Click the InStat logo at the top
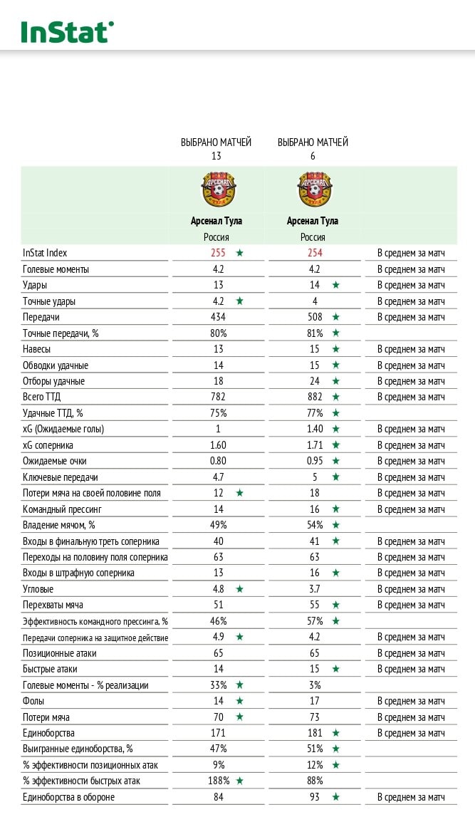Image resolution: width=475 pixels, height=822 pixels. (x=67, y=31)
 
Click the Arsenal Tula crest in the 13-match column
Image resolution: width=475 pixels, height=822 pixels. (x=218, y=189)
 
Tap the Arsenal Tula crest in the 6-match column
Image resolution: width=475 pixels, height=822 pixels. (x=314, y=189)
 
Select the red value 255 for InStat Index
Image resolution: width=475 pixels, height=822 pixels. (x=218, y=253)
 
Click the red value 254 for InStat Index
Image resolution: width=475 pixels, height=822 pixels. (x=314, y=253)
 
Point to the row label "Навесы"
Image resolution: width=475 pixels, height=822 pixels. (x=37, y=349)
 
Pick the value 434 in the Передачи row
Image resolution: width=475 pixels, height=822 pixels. (x=218, y=317)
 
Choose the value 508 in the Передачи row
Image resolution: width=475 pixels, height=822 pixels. (x=314, y=317)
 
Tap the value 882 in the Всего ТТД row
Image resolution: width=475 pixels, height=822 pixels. (x=314, y=397)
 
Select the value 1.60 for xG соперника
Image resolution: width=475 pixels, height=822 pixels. (x=218, y=445)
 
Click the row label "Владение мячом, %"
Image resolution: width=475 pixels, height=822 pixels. (x=59, y=525)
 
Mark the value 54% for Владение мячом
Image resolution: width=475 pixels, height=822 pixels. (x=314, y=525)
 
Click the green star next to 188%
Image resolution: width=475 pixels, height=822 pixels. (x=240, y=781)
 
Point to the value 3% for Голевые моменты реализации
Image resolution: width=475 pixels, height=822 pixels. (x=314, y=685)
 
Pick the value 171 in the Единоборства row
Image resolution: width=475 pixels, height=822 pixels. (x=218, y=733)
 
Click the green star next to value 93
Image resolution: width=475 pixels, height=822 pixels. (x=335, y=797)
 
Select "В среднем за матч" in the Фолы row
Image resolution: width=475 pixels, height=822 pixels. (x=411, y=701)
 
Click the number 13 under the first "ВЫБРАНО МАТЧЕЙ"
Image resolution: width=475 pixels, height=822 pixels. (x=216, y=155)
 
